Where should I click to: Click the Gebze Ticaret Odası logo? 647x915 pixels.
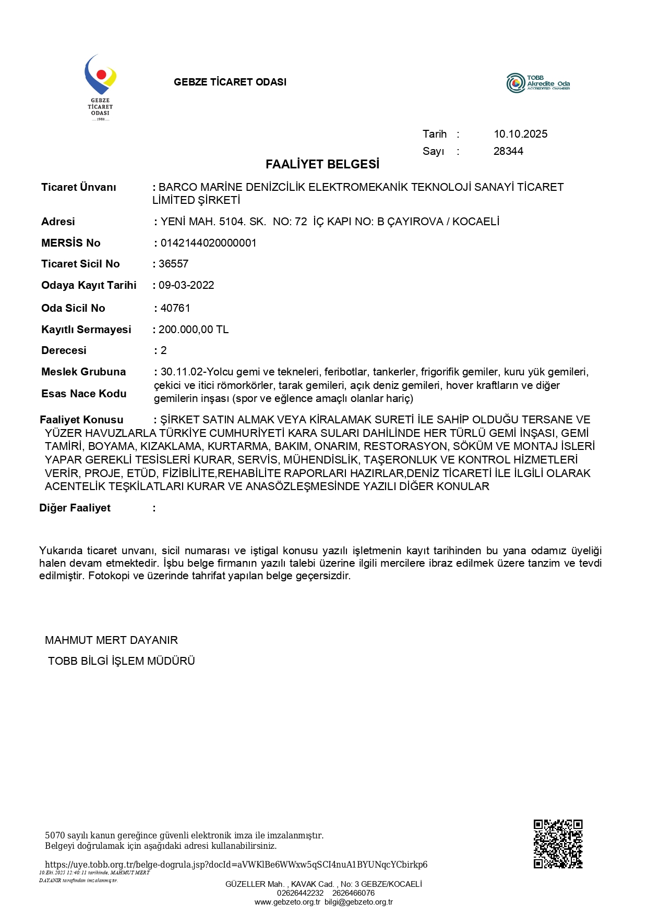coord(100,87)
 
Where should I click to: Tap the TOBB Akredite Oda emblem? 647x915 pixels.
coord(538,83)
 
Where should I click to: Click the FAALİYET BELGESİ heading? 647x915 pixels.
coord(322,164)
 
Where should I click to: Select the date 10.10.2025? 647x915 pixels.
coord(520,134)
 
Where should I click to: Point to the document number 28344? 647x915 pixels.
coord(508,151)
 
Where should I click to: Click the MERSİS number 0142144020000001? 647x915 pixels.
coord(208,243)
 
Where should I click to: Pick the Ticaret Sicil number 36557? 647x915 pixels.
coord(173,264)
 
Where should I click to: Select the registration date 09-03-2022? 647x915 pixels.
coord(186,285)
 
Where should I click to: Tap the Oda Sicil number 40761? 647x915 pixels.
coord(175,308)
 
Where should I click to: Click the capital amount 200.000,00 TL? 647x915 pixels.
coord(193,330)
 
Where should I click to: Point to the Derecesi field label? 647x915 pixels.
coord(64,350)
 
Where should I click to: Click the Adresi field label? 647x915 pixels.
coord(58,222)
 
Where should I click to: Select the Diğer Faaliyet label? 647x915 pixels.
coord(75,508)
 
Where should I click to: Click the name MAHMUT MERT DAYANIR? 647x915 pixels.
coord(111,640)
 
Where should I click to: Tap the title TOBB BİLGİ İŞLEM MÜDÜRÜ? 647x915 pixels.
coord(121,661)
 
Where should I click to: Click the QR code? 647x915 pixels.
coord(558,844)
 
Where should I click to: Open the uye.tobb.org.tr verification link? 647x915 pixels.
coord(236,864)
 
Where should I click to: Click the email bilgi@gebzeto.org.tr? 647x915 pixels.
coord(358,902)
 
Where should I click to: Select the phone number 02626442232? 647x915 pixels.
coord(300,893)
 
